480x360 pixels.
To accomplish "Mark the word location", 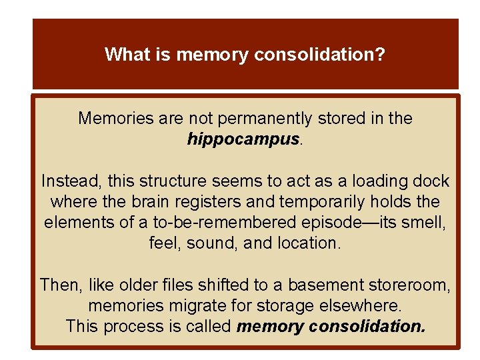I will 310,243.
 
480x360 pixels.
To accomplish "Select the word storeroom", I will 409,285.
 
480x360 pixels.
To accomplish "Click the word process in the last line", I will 132,327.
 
